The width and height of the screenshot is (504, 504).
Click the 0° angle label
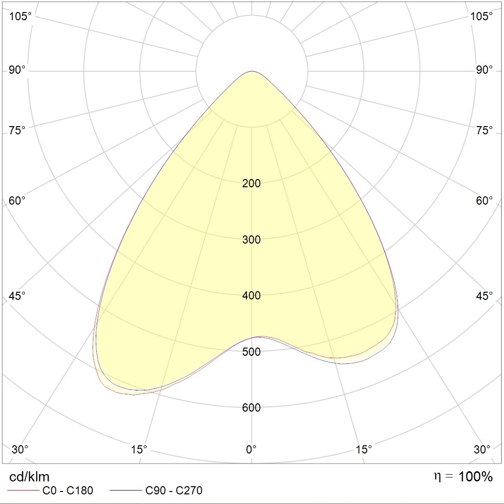[251, 450]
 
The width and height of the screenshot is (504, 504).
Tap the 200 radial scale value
[251, 183]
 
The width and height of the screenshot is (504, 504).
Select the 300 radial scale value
[251, 240]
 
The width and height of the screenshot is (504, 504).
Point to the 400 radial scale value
[251, 296]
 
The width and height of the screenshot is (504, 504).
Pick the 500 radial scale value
[251, 352]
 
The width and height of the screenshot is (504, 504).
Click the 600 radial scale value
[251, 408]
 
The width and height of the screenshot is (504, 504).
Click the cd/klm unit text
[29, 477]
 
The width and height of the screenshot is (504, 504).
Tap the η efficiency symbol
[437, 477]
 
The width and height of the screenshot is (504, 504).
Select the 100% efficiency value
[476, 477]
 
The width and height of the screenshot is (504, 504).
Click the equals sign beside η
[449, 477]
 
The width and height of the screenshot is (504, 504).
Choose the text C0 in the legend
[50, 491]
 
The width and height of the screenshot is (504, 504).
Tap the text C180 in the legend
[79, 491]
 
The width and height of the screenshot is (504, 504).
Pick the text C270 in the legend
[189, 491]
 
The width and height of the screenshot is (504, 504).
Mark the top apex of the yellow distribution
[252, 72]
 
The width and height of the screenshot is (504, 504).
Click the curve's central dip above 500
[252, 337]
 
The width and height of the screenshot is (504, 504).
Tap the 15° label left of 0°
[139, 450]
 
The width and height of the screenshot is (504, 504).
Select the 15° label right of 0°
[363, 450]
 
